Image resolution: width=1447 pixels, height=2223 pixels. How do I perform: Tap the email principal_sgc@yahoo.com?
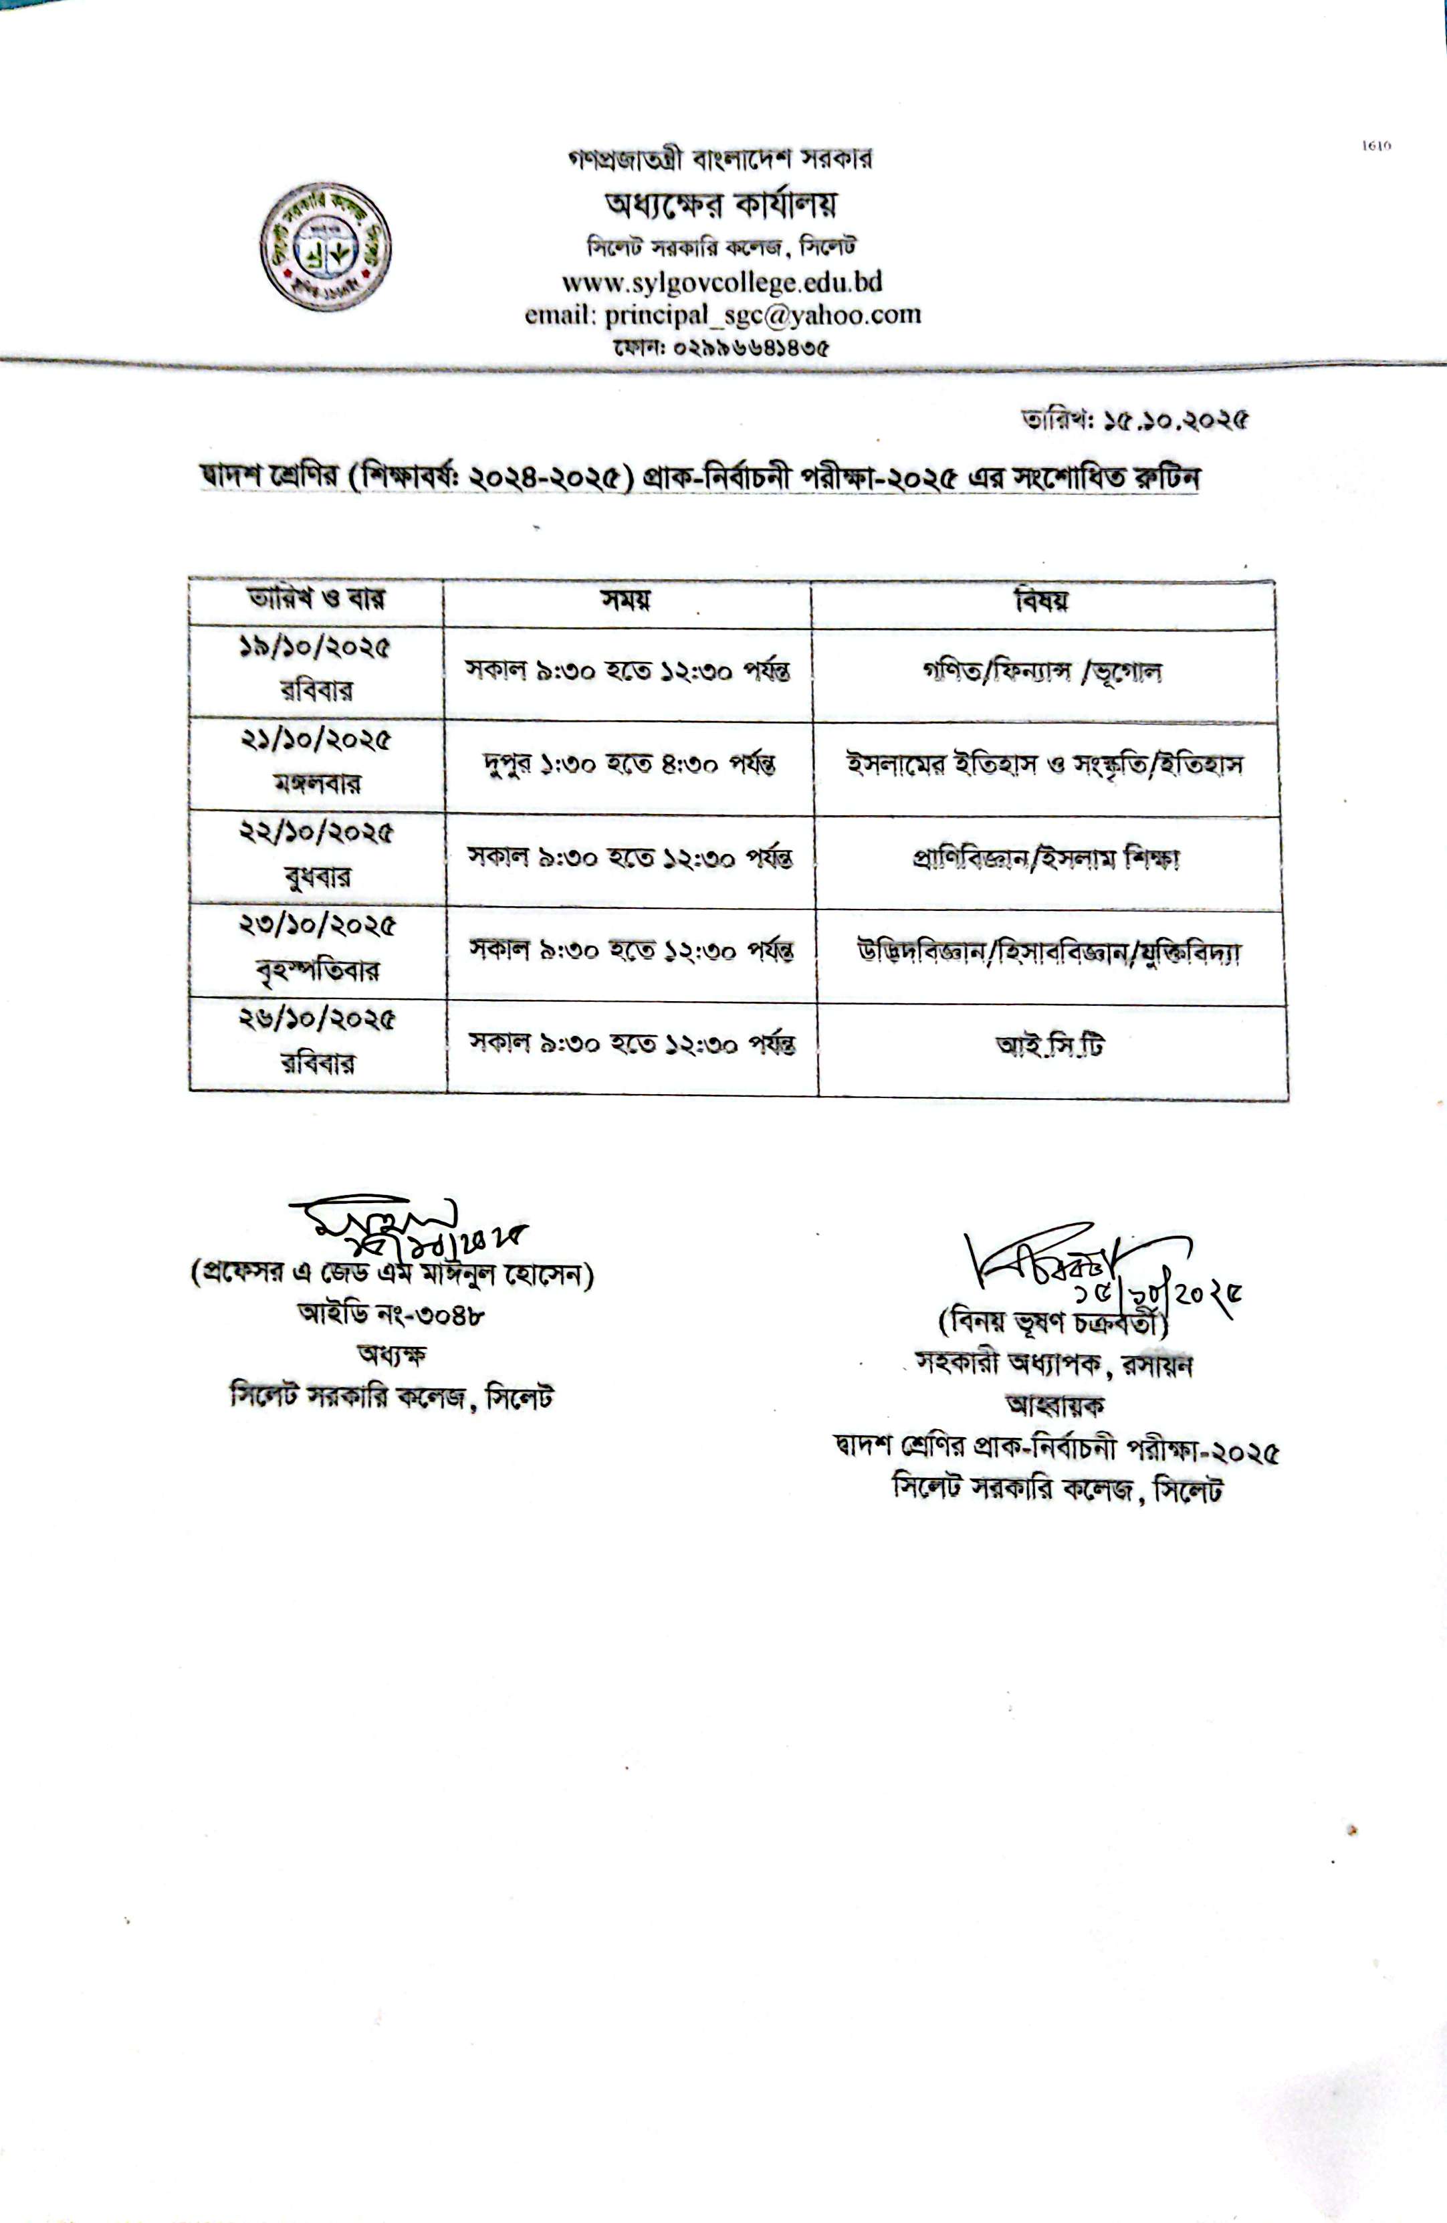coord(722,315)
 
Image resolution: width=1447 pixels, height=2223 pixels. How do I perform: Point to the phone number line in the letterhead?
coord(721,348)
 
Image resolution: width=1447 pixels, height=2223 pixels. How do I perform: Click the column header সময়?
coord(626,600)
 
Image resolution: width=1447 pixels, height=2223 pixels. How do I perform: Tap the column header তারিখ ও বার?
coord(316,599)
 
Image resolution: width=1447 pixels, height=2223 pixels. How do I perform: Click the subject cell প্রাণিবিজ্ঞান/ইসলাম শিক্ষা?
coord(1046,859)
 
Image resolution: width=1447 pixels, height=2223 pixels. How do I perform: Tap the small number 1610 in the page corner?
coord(1376,146)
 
